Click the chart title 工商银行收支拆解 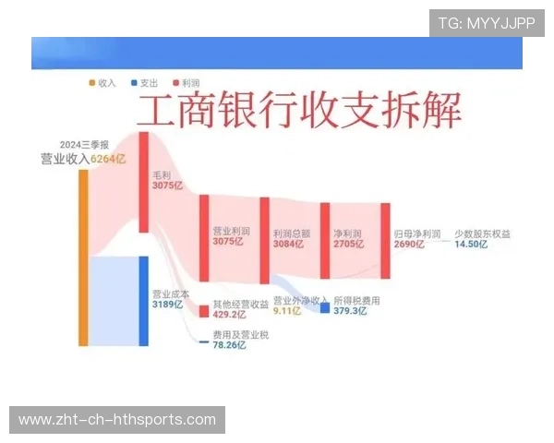(x=300, y=114)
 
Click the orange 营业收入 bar (x=83, y=258)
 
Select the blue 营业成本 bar (x=144, y=300)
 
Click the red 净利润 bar (x=325, y=240)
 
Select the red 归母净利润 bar (x=385, y=240)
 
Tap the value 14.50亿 (x=471, y=244)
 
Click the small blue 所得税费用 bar (x=325, y=307)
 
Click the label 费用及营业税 (x=240, y=334)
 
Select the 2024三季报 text (x=85, y=145)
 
